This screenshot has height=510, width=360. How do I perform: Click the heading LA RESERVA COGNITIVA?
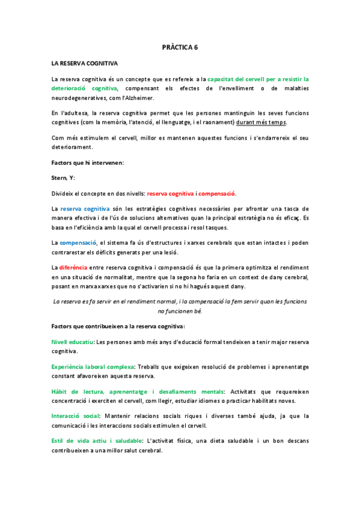85,63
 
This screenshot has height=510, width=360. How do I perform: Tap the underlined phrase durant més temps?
261,122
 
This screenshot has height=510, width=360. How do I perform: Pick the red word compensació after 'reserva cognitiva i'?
217,193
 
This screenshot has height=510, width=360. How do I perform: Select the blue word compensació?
79,242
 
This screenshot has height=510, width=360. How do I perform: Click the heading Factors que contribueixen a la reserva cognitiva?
118,326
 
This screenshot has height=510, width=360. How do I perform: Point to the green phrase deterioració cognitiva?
84,88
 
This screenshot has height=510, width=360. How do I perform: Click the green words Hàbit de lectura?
79,392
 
